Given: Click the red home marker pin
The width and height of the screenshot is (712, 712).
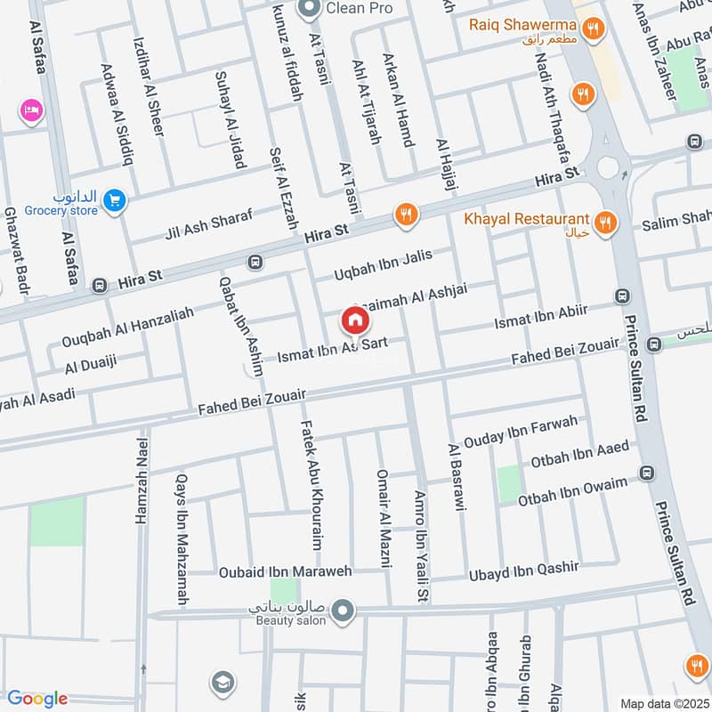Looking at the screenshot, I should (355, 320).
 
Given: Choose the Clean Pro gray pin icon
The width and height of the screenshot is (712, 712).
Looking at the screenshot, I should (311, 11).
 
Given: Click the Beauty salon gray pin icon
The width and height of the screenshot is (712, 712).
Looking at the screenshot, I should (344, 611).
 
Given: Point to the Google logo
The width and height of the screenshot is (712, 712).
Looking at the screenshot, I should (37, 699).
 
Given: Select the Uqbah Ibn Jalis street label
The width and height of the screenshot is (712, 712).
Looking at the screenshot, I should (383, 264).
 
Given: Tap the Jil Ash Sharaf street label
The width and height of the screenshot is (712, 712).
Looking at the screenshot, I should (209, 224).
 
